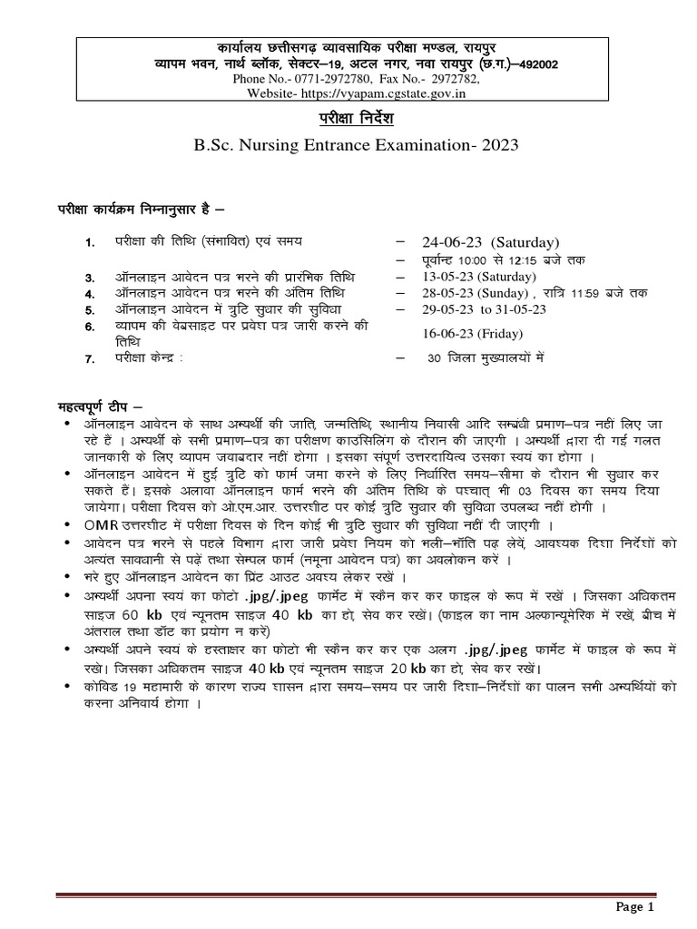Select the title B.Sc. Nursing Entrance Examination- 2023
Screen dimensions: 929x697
(x=348, y=145)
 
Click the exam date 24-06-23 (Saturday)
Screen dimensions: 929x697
(x=490, y=242)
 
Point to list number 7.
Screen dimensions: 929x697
(x=89, y=359)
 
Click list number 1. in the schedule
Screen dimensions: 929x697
(x=89, y=243)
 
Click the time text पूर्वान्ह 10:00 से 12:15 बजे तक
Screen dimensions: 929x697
(x=490, y=259)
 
